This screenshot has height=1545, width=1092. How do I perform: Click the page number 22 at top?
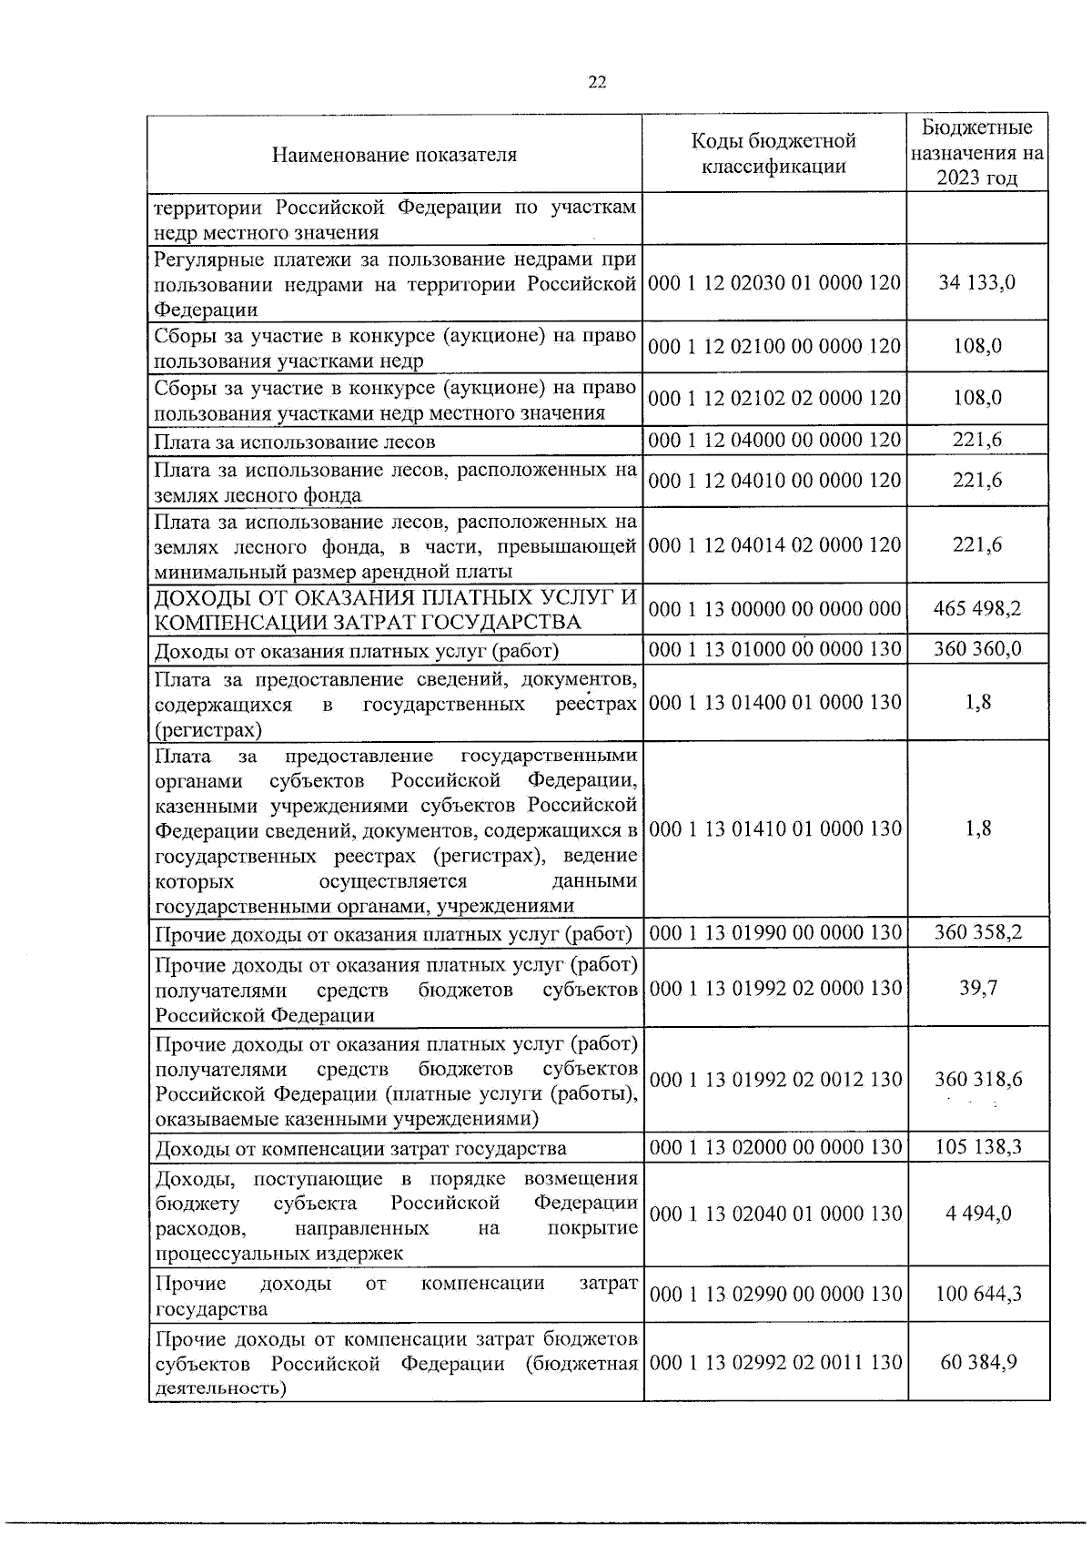click(596, 82)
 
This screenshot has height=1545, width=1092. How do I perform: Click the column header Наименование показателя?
click(394, 154)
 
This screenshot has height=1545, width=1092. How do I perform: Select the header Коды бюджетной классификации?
click(774, 153)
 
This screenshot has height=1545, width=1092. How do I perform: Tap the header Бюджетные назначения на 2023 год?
click(977, 153)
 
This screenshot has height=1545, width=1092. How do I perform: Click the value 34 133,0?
click(977, 282)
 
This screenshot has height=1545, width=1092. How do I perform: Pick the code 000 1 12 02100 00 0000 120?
click(774, 347)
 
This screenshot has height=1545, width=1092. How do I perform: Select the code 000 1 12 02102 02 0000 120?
click(774, 399)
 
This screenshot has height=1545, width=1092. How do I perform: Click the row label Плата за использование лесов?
click(295, 442)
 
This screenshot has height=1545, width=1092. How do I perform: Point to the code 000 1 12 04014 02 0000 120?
click(774, 545)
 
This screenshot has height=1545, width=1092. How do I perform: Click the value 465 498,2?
click(977, 609)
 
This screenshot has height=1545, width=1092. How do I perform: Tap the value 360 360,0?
click(977, 649)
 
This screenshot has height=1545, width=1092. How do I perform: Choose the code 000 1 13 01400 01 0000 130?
click(774, 703)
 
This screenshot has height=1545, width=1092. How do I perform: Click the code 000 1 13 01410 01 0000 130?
click(774, 829)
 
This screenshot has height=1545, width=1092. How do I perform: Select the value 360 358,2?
click(977, 933)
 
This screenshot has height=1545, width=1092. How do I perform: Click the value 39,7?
click(977, 989)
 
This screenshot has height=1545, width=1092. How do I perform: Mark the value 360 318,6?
click(977, 1080)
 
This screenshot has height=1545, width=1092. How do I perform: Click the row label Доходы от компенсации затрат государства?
click(360, 1149)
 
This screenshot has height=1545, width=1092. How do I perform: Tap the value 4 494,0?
click(977, 1215)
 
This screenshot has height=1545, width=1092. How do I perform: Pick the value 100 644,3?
click(977, 1295)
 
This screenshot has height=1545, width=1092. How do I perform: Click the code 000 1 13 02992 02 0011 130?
click(774, 1363)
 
